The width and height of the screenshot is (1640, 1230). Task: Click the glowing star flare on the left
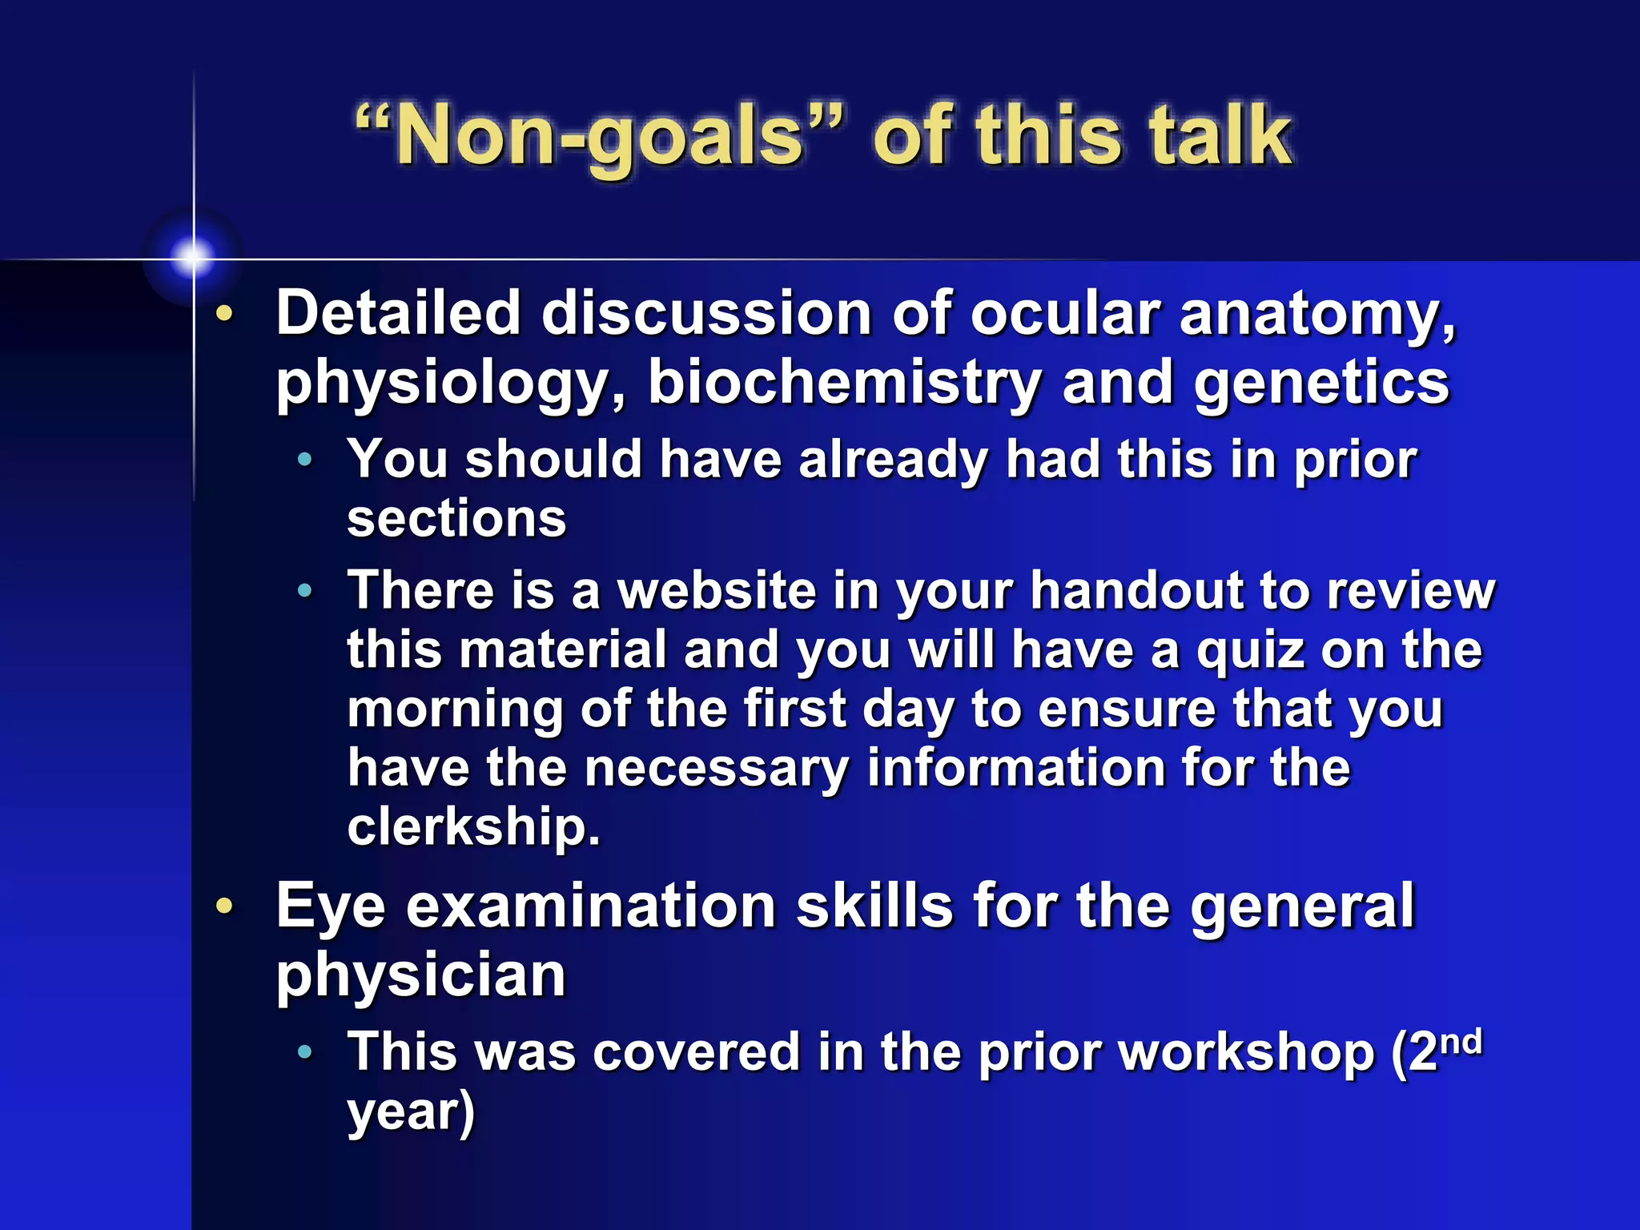pyautogui.click(x=192, y=257)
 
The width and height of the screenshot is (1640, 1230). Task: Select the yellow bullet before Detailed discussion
pyautogui.click(x=225, y=314)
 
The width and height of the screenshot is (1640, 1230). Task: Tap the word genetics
pyautogui.click(x=1321, y=383)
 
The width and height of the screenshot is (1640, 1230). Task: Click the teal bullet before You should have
pyautogui.click(x=304, y=460)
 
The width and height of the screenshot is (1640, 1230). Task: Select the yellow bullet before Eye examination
pyautogui.click(x=225, y=906)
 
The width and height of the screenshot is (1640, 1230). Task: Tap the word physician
pyautogui.click(x=421, y=975)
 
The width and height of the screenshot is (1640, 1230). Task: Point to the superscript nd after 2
pyautogui.click(x=1460, y=1043)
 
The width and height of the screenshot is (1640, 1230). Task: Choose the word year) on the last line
pyautogui.click(x=411, y=1112)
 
